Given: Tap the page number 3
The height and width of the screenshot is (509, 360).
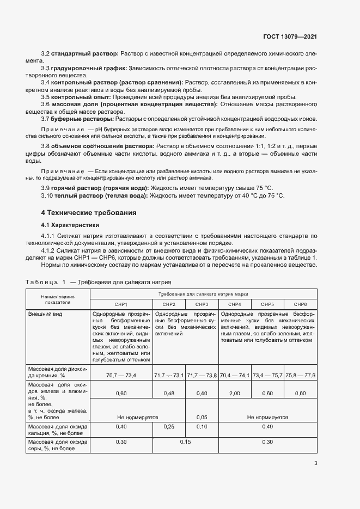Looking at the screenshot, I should tap(316, 464).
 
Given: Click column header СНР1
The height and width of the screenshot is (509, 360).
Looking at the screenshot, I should tap(120, 304).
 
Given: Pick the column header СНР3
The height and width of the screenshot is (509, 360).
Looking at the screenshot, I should tap(202, 304).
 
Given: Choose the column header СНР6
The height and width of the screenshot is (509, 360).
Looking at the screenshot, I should tap(300, 304).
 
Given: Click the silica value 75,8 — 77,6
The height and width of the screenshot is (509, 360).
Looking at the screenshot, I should tap(300, 375).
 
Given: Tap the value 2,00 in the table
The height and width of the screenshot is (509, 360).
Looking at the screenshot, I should tap(235, 393).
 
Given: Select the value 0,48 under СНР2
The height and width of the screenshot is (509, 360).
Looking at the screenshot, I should tap(169, 393).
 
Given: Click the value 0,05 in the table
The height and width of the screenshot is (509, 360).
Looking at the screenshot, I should tap(202, 417).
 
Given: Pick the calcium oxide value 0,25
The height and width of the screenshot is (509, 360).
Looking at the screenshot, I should tap(169, 427).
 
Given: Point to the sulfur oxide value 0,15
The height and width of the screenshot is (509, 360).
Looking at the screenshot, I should tap(186, 441).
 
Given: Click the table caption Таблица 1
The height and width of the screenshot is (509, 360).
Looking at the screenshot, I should tap(45, 283).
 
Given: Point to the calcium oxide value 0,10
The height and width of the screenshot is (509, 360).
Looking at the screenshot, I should tap(202, 427).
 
